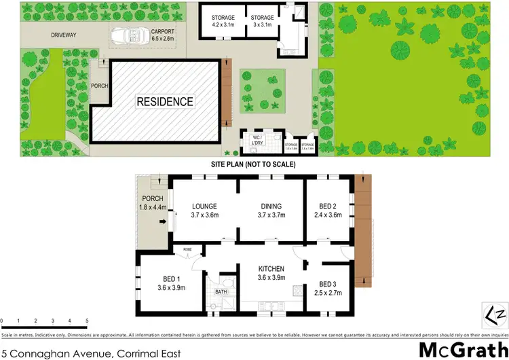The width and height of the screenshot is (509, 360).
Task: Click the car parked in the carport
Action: (126, 35)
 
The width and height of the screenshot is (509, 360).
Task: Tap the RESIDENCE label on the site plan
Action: (165, 102)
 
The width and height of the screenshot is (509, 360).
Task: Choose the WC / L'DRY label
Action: (257, 137)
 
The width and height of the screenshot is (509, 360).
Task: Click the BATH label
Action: (221, 292)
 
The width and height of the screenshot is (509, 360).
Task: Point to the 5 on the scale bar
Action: (86, 320)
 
